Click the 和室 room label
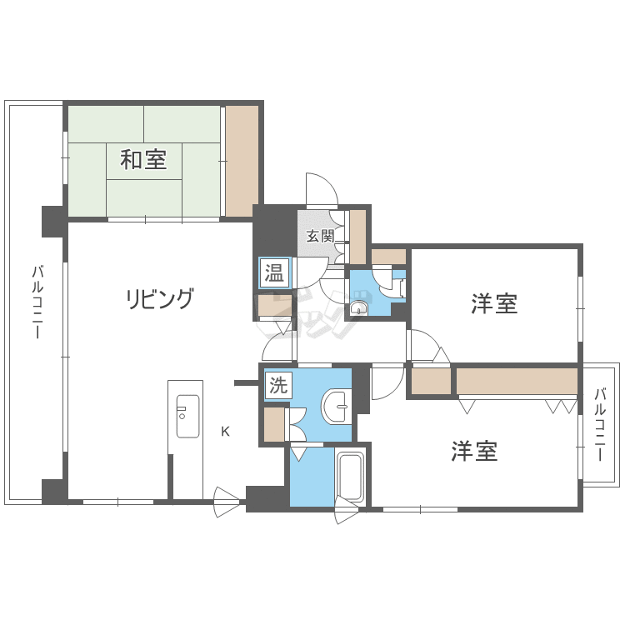pos(143,159)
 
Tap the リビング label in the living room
pos(159,298)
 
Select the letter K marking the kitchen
pos(225,432)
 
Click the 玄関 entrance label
pos(320,237)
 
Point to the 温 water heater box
pos(275,273)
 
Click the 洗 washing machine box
pos(278,385)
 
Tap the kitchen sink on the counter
pos(187,416)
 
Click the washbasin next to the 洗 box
pos(336,407)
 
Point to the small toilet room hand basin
pos(359,307)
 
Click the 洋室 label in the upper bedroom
pos(494,303)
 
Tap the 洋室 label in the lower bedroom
pos(474,451)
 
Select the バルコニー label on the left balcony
pos(37,302)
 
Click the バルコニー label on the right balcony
pos(600,424)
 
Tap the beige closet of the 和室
pos(242,161)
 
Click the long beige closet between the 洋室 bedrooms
pos(517,381)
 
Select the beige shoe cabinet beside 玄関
pos(358,237)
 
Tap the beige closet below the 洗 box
pos(274,424)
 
